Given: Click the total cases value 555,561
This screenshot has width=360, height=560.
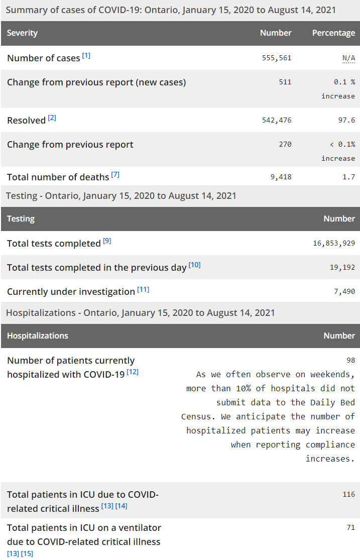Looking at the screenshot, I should tap(277, 58).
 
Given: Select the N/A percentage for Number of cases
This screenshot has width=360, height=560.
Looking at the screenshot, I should tap(348, 58).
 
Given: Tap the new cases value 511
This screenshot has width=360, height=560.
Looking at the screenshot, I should tap(285, 82).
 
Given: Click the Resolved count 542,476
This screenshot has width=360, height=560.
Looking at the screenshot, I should tap(277, 120).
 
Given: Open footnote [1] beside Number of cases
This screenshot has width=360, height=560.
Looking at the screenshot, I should tap(86, 56).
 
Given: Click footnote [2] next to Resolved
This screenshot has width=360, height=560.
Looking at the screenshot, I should tap(52, 118).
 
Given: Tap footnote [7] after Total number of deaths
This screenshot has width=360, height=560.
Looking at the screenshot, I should tap(115, 175).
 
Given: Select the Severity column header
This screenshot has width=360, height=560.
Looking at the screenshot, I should tap(22, 33).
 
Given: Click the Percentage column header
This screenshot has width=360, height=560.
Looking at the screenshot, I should tap(333, 33).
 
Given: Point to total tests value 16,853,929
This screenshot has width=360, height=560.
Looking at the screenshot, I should tap(334, 243).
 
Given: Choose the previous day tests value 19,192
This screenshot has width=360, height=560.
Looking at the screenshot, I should tap(342, 267).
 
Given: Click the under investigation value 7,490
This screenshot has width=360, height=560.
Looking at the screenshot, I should tap(344, 291).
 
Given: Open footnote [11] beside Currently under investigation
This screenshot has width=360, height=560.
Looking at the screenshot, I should tap(143, 289).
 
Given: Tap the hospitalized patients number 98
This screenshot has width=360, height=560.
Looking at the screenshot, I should tap(350, 360).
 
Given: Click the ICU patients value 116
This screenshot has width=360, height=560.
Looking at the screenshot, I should tap(349, 495).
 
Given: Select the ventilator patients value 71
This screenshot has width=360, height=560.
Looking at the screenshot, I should tap(350, 527).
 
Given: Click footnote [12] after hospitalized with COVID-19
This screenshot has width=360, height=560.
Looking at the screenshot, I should tap(133, 372).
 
